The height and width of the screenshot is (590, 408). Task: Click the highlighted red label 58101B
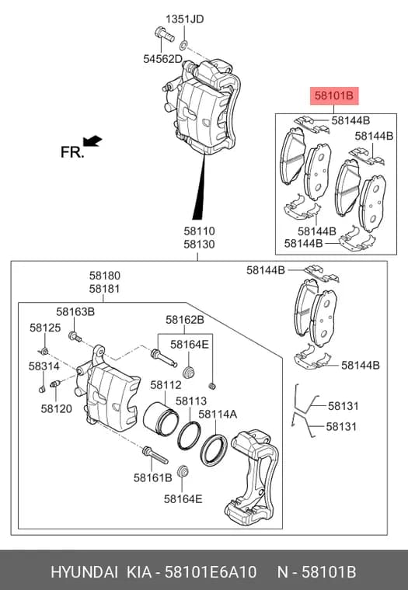tap(334, 95)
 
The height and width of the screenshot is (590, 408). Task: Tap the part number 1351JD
tap(185, 19)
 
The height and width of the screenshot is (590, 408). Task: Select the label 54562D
tap(162, 59)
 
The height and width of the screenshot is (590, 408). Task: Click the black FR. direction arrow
tap(92, 141)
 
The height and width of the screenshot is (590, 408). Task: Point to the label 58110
tap(199, 231)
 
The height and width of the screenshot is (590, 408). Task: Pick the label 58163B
tap(75, 311)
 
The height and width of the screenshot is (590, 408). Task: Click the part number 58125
tap(45, 328)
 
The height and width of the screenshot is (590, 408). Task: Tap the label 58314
tap(44, 366)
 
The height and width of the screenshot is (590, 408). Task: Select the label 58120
tap(57, 408)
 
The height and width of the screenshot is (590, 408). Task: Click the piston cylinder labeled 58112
tap(161, 418)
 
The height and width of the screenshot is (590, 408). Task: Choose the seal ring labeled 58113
tap(189, 436)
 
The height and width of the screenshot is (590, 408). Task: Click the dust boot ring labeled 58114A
tap(214, 449)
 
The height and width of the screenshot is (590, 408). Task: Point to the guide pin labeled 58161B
tap(155, 455)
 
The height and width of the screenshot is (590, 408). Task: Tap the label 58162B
tap(185, 320)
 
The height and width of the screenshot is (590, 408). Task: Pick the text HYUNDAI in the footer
tap(84, 572)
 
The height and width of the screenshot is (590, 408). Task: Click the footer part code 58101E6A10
tap(211, 572)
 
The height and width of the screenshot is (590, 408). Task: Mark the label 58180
tap(105, 276)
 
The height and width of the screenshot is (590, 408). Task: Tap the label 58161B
tap(152, 477)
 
